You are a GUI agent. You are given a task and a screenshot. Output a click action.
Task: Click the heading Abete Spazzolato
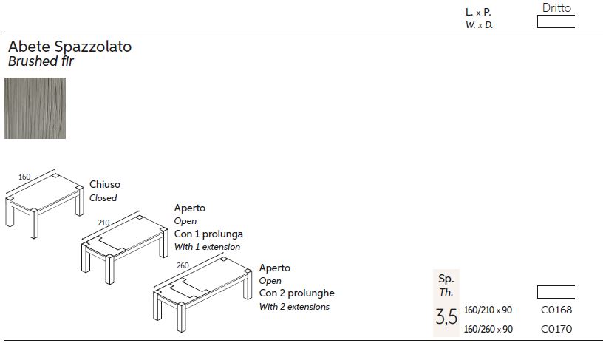click(x=69, y=47)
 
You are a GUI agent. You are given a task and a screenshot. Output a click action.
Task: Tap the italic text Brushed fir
click(x=41, y=61)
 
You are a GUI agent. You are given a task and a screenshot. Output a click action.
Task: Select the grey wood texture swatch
click(x=35, y=108)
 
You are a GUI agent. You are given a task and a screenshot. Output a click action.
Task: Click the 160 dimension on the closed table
click(x=24, y=177)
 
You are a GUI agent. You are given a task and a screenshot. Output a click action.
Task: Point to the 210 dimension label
click(x=103, y=223)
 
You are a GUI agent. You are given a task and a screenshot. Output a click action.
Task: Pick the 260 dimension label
click(x=183, y=265)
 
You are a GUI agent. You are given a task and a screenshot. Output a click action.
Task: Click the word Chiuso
click(x=105, y=184)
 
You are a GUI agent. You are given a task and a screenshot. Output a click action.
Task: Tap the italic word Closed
click(x=103, y=197)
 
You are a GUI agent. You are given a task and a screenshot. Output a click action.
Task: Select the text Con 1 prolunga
click(x=208, y=234)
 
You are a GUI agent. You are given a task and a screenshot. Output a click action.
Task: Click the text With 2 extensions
click(x=294, y=307)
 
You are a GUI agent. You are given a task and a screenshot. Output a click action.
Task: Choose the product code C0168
click(x=556, y=310)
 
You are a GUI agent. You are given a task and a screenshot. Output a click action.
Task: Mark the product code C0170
click(x=556, y=329)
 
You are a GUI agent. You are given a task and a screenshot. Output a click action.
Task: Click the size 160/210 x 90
click(x=488, y=310)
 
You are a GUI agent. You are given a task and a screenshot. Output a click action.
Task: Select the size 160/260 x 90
click(x=488, y=329)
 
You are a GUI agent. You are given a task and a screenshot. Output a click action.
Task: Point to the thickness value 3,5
click(x=446, y=317)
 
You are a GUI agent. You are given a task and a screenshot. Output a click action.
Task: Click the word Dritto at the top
click(x=556, y=7)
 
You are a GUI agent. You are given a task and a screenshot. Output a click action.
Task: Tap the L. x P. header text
click(x=478, y=13)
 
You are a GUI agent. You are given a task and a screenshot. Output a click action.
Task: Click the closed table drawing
click(x=44, y=205)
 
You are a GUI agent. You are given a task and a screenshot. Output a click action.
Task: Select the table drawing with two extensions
click(x=202, y=295)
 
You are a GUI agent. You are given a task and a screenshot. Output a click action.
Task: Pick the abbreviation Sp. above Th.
click(x=446, y=279)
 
